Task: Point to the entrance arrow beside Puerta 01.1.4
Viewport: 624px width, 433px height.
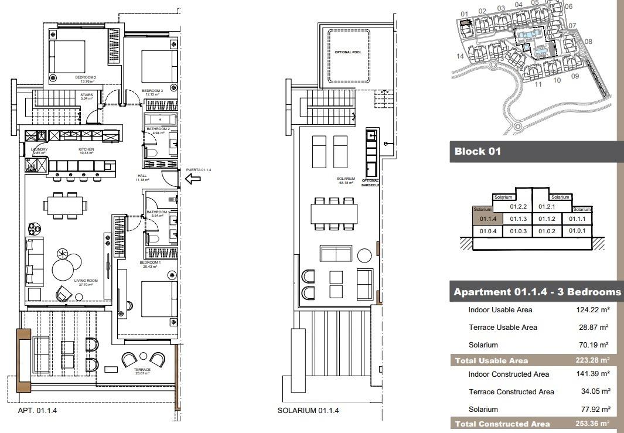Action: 193,178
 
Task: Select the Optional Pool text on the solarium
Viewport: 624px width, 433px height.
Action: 348,52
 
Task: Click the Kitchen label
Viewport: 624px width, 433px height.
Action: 86,150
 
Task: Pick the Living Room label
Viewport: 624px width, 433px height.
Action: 86,281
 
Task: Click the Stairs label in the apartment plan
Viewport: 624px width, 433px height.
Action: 87,95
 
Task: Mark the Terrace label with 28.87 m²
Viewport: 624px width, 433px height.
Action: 142,370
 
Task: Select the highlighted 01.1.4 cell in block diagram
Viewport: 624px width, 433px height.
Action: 488,219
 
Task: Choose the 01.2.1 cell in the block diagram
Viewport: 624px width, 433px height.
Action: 546,207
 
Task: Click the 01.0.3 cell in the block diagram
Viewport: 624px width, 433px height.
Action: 519,231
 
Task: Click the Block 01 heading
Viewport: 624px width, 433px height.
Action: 478,151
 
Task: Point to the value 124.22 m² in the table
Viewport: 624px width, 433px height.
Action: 592,310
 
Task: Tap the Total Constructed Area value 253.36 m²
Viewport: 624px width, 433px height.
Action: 592,424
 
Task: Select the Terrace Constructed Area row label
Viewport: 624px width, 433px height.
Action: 511,392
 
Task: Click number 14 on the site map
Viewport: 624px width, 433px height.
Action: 461,56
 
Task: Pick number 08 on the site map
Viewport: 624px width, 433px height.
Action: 588,42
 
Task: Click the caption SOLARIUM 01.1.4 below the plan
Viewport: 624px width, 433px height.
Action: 308,411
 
